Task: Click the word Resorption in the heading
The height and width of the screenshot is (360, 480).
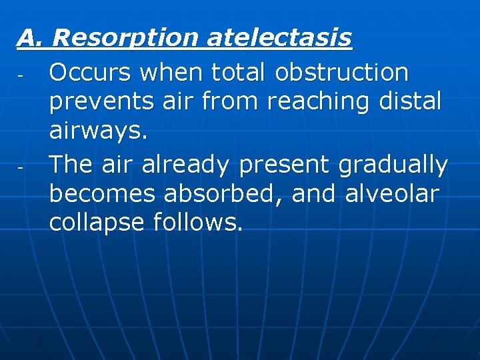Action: click(125, 38)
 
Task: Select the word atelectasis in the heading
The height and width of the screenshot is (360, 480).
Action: click(279, 38)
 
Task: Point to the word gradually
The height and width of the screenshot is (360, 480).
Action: click(393, 165)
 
